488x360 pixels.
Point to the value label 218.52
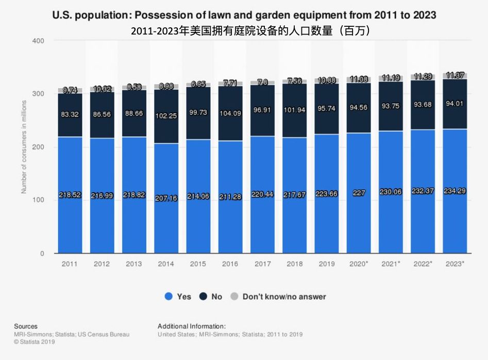(70, 195)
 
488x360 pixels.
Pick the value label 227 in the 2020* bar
(359, 194)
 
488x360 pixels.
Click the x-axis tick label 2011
(70, 264)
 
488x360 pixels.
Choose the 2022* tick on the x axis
(423, 264)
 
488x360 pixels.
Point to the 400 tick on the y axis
(38, 41)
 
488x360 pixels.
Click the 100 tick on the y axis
(38, 200)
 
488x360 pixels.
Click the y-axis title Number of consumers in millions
(24, 147)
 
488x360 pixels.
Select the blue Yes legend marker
(168, 296)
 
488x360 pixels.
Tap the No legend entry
(211, 296)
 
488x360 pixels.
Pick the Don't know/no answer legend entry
(278, 296)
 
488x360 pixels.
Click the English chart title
(244, 15)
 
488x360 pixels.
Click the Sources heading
(25, 326)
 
